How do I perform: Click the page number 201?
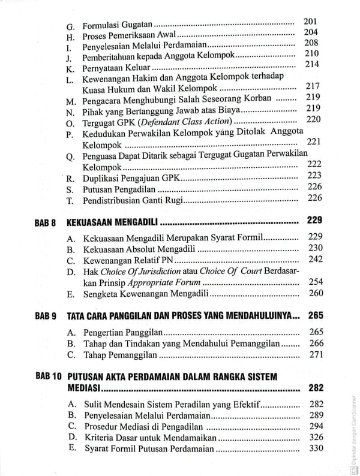tap(310, 22)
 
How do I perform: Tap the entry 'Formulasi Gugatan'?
tap(117, 26)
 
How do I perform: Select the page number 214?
tap(312, 64)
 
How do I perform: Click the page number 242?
tap(315, 259)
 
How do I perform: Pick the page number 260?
tap(315, 293)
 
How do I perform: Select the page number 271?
tap(315, 354)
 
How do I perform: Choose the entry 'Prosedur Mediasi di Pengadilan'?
tap(144, 426)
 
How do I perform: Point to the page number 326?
tap(315, 438)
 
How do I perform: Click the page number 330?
tap(315, 449)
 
